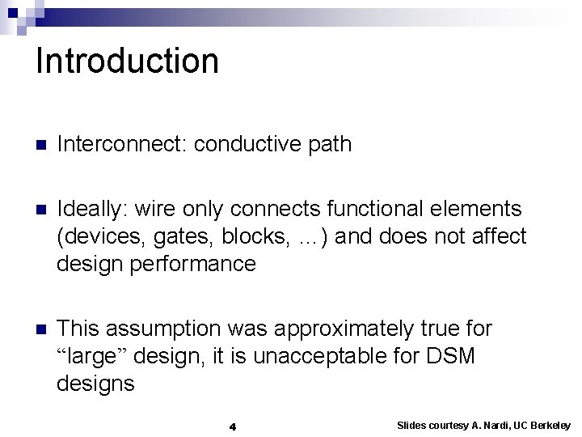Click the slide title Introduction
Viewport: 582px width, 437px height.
coord(127,62)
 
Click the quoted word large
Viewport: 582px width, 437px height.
coord(91,356)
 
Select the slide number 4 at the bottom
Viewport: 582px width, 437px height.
coord(232,426)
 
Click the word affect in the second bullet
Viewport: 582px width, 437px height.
coord(497,237)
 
